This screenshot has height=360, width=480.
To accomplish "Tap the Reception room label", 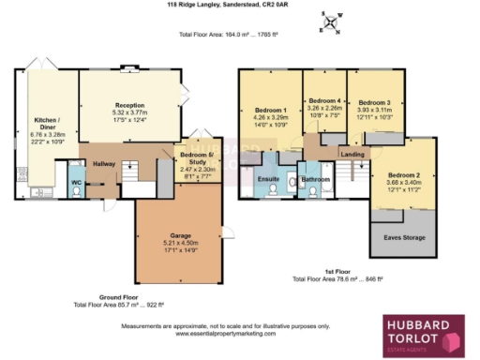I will [128, 105].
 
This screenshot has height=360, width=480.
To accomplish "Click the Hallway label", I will [104, 164].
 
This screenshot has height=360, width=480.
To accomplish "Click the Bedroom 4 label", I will [323, 100].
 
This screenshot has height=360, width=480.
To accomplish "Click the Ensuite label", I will [268, 177].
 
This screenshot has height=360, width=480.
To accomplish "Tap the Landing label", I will [352, 154].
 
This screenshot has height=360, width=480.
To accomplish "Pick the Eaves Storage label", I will [403, 238].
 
